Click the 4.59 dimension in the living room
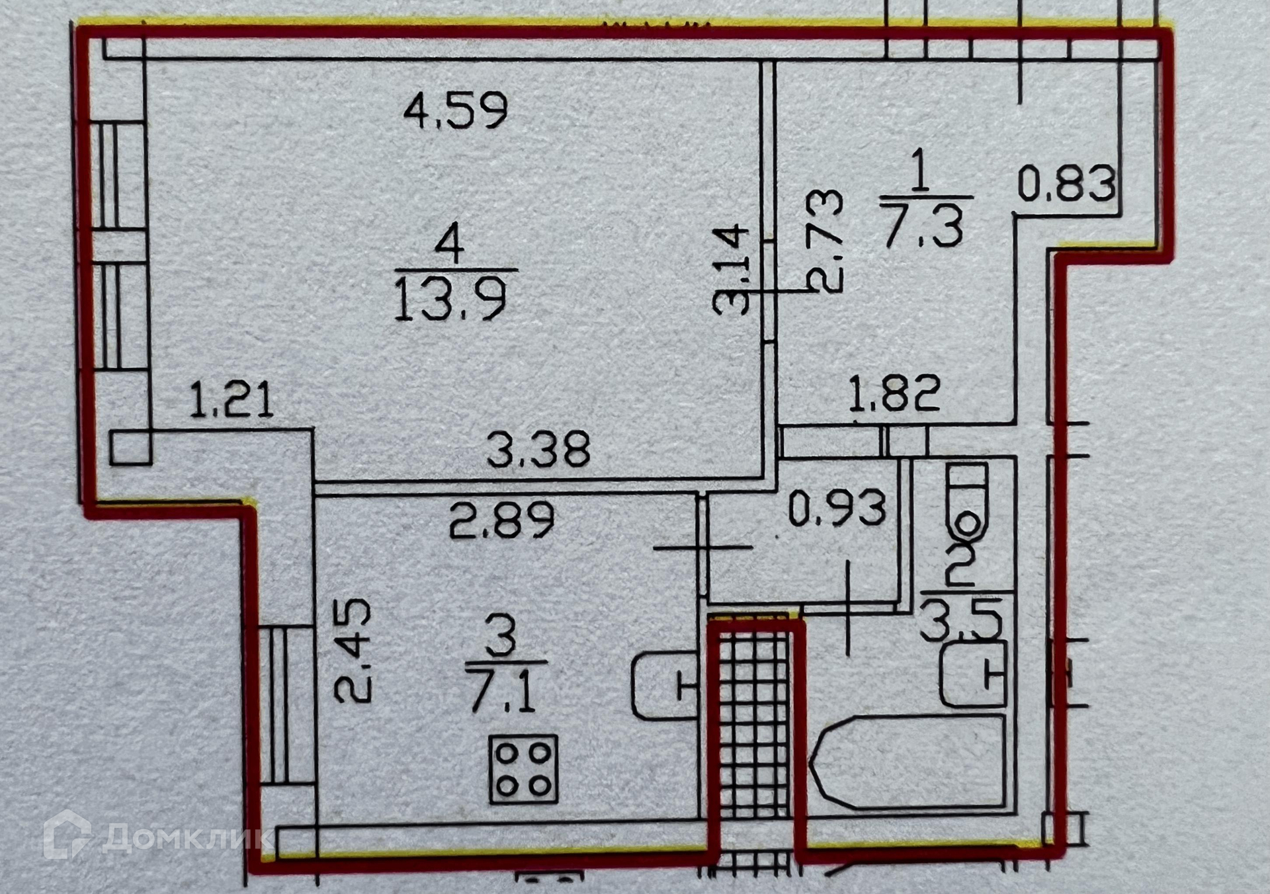pos(456,110)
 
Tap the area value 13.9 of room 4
pos(451,300)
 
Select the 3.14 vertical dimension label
pos(731,270)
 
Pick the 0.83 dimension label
pos(1066,183)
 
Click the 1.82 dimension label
pos(894,393)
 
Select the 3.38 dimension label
pos(538,449)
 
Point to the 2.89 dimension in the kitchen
pos(501,520)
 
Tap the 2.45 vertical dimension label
pos(353,651)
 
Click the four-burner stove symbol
pos(524,770)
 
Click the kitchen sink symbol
pos(665,686)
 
